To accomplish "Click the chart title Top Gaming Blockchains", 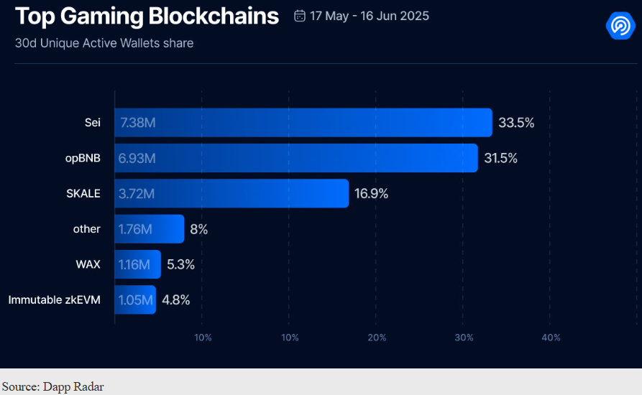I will tap(147, 17).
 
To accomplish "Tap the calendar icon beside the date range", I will tap(300, 16).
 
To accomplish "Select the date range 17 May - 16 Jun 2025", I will tap(369, 16).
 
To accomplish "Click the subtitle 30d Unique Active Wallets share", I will tap(104, 43).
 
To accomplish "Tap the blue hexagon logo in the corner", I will tap(619, 26).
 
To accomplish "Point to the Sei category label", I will tap(92, 122).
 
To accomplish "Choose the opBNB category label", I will tap(83, 158).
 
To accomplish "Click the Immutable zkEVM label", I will tap(55, 299).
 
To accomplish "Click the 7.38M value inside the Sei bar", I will tap(138, 123).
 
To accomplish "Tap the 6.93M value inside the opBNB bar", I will tap(138, 158).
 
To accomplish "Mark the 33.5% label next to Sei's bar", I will tap(516, 123).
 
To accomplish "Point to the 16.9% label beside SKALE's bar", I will tap(371, 193).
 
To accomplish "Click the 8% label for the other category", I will tap(199, 229).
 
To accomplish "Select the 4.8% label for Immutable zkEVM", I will tap(176, 299).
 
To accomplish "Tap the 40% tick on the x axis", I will tap(551, 338).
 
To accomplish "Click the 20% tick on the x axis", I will tap(377, 338).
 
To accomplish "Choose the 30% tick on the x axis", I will tap(464, 338).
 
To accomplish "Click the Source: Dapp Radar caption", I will tap(52, 387).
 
